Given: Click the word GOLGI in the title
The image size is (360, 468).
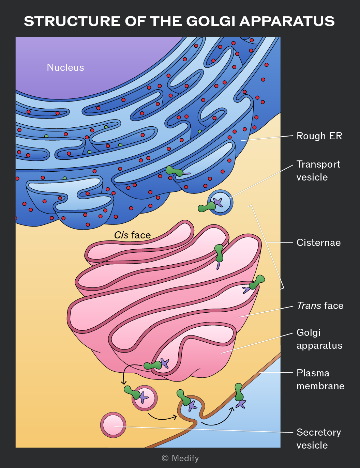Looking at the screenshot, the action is click(210, 21).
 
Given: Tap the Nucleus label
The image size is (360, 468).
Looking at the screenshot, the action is click(65, 67).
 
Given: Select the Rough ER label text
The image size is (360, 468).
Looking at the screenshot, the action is click(319, 136).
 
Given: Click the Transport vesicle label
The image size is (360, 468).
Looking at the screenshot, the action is click(318, 171).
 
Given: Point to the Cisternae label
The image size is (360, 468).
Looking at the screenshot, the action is click(318, 243).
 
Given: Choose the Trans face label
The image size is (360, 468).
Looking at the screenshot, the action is click(320, 306).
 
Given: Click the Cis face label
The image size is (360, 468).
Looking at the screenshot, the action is click(132, 235).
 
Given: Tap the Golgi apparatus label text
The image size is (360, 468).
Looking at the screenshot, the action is click(319, 339).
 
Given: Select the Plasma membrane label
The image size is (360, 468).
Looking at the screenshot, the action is click(320, 379).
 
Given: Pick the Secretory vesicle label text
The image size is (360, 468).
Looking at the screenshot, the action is click(319, 438).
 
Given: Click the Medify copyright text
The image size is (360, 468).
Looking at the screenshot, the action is click(180, 458).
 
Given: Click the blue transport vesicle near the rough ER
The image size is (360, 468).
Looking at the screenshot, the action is click(220, 202).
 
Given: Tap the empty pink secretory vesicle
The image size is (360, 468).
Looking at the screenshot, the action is click(113, 425).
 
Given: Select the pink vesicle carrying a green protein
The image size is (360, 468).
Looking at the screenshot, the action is click(145, 398).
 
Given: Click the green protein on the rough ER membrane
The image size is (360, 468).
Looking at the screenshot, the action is click(175, 171).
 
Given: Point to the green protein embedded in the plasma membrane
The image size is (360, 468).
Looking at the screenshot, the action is click(239, 392).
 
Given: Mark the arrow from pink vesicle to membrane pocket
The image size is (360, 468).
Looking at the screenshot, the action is click(162, 417).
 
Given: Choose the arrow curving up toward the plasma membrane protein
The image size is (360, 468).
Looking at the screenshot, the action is click(218, 418).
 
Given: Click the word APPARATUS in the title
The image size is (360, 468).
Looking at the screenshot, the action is click(287, 21).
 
